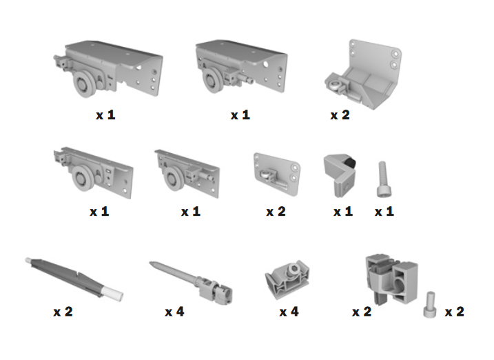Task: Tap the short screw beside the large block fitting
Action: pos(430,305)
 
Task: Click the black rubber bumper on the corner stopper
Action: pos(351,164)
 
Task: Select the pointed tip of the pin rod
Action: pos(152,263)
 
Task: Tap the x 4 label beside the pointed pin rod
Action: pos(174,312)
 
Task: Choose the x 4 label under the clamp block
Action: pos(289,312)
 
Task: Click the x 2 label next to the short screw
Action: pos(454,312)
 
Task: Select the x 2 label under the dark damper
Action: pos(63,312)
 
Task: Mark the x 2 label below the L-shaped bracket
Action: pos(340,115)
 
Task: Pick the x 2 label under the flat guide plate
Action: pos(276,212)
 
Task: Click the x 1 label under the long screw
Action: pos(384,212)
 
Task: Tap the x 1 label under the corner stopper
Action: pos(343,212)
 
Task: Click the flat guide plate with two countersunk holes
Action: pos(276,174)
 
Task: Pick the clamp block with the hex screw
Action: pos(287,279)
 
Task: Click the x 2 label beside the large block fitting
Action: pos(362,312)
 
